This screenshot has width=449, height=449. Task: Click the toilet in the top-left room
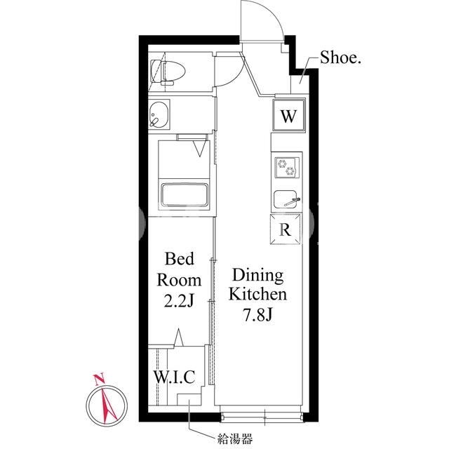[168, 72]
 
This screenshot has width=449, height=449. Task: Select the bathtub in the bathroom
[185, 195]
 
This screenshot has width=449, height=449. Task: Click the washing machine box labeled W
[288, 115]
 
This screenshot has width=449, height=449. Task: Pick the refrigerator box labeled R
[286, 229]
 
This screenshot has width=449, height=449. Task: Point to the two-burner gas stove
[287, 168]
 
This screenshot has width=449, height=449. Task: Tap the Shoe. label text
[340, 58]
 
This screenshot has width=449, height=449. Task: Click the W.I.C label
[175, 377]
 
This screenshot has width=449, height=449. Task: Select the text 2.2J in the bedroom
[180, 301]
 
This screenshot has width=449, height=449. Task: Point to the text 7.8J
[257, 315]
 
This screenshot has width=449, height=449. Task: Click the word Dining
[257, 276]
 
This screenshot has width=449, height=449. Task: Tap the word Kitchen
[257, 294]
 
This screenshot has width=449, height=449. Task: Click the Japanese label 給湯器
[235, 438]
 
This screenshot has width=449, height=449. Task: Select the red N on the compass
[100, 380]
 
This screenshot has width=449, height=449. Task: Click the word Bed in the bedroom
[180, 258]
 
